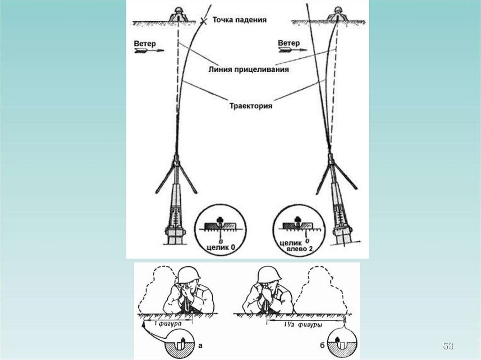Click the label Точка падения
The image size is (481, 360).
click(x=239, y=20)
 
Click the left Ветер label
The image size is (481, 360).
click(x=145, y=43)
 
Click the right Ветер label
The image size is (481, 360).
click(x=289, y=43)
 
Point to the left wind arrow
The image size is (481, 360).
click(x=149, y=51)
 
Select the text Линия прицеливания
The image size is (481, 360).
click(x=248, y=69)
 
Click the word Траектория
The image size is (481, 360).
click(x=251, y=106)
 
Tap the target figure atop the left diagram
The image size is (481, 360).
click(x=178, y=15)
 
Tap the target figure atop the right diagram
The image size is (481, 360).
click(x=338, y=15)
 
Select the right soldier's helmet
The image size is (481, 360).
click(x=269, y=274)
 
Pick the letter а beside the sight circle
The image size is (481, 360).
click(x=201, y=346)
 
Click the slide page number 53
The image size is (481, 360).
click(x=448, y=346)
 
